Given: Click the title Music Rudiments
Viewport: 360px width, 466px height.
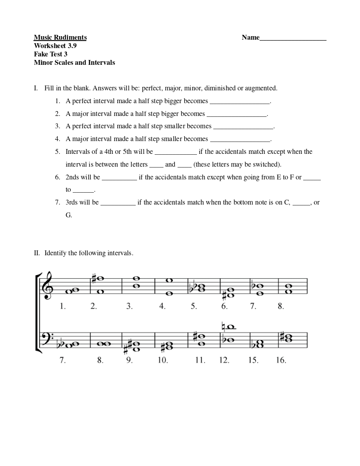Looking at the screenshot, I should click(x=60, y=37).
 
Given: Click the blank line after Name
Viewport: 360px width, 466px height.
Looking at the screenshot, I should click(x=293, y=40).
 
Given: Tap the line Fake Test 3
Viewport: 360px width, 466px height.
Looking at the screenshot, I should click(x=51, y=54).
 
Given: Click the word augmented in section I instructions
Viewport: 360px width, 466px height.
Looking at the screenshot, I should click(x=261, y=88).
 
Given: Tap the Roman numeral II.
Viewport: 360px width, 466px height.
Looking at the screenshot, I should click(x=37, y=253).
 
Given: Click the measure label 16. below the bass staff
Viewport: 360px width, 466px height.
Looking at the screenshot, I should click(x=281, y=360).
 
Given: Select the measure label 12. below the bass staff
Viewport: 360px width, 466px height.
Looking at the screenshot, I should click(x=224, y=360).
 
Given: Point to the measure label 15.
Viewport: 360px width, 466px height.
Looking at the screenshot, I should click(x=253, y=360).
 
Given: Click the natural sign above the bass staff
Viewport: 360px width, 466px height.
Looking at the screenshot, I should click(x=223, y=327).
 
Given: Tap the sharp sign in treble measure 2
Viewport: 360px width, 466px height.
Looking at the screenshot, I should click(x=94, y=278).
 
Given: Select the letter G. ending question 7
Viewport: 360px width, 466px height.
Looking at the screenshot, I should click(x=69, y=215).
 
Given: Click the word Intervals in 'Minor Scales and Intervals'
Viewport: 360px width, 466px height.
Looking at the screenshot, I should click(x=101, y=63).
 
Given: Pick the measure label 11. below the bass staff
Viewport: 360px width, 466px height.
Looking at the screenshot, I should click(x=200, y=360).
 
